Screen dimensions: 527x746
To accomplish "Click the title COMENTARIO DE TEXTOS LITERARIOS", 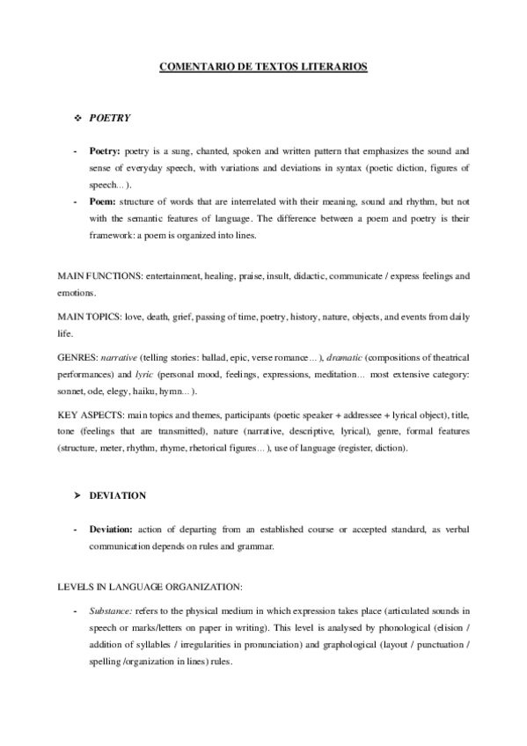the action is click(x=263, y=66).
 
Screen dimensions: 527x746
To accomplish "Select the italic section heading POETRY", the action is click(x=109, y=117).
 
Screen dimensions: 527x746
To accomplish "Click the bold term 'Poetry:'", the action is click(x=106, y=151).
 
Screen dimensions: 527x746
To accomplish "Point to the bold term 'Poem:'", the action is click(x=103, y=201).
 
